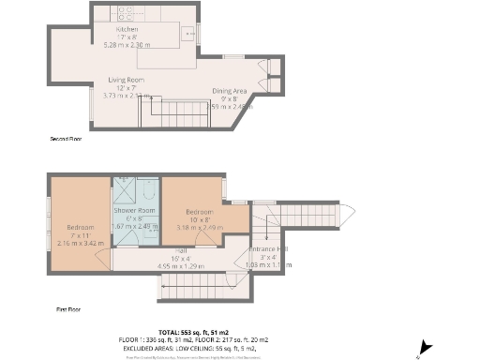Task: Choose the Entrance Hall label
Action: (269, 248)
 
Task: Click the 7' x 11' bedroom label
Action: (80, 228)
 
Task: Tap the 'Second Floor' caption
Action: (67, 139)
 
